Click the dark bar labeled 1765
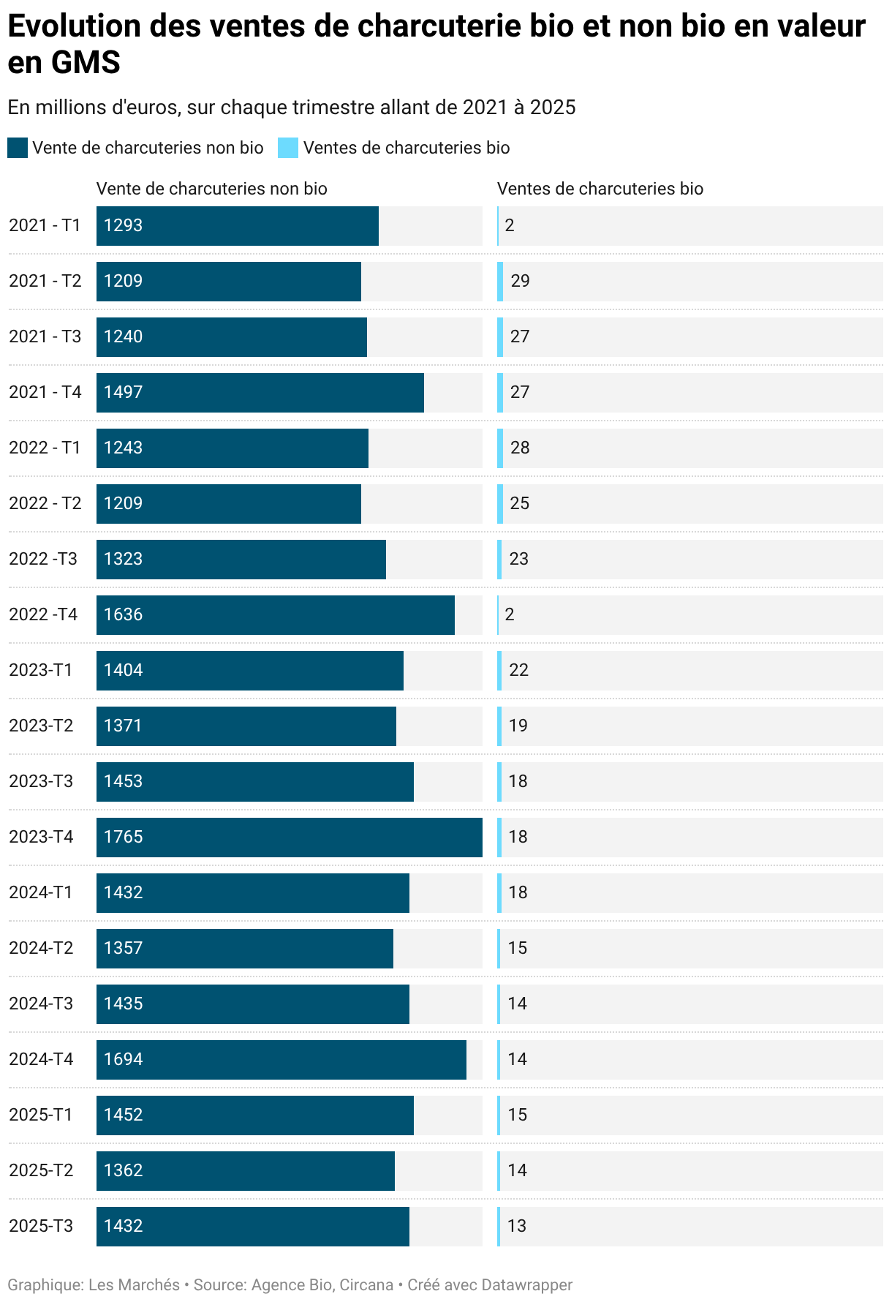(x=289, y=837)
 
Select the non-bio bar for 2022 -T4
(x=275, y=614)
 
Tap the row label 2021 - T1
(x=45, y=225)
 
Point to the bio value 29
(x=520, y=281)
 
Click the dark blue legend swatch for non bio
(x=18, y=148)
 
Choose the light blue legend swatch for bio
(x=288, y=148)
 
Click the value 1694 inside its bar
(x=123, y=1059)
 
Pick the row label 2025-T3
(x=41, y=1226)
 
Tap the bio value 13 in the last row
(x=517, y=1226)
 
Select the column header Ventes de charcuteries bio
(x=600, y=189)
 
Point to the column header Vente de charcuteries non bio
(x=211, y=189)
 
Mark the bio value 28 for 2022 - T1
(x=520, y=448)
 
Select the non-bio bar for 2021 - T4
(x=260, y=392)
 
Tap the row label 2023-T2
(x=41, y=726)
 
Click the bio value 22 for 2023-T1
(x=518, y=670)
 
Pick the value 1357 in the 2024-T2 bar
(x=123, y=948)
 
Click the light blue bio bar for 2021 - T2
(x=500, y=281)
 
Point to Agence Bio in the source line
(x=291, y=1285)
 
